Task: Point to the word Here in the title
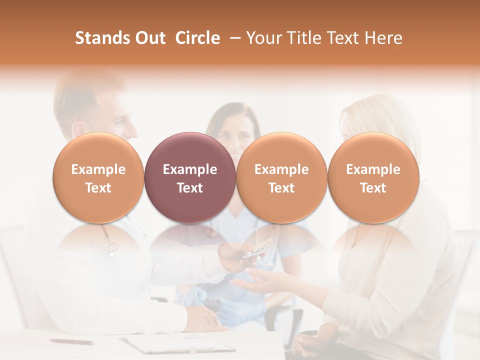(383, 38)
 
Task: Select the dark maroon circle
(190, 177)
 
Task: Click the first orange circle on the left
(98, 177)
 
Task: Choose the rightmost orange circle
(373, 177)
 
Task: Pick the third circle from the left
(281, 177)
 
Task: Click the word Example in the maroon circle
(190, 169)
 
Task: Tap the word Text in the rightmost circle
(373, 188)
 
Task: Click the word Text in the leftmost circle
(98, 188)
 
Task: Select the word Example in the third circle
(281, 169)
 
